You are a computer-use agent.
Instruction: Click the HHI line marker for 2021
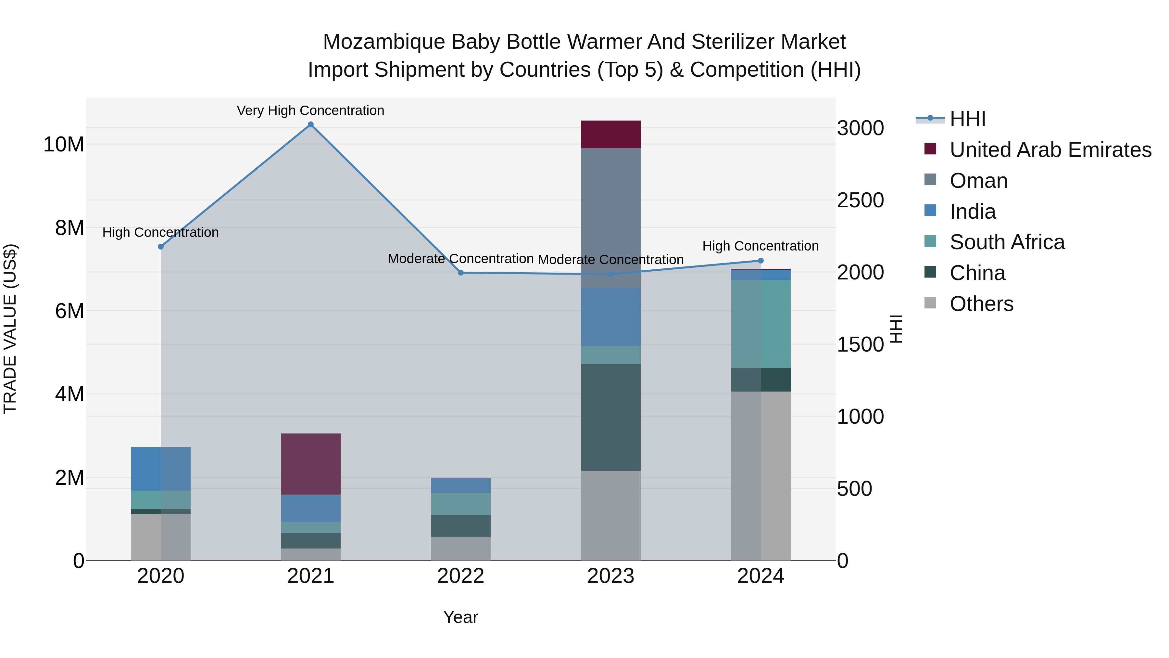pyautogui.click(x=311, y=124)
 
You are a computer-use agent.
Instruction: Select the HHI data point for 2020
pyautogui.click(x=161, y=247)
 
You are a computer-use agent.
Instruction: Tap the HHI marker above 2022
pyautogui.click(x=460, y=273)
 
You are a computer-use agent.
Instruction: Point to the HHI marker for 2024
pyautogui.click(x=761, y=261)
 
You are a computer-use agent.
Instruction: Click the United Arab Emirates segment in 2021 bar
pyautogui.click(x=311, y=464)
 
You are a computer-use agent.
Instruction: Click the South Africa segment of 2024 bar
pyautogui.click(x=761, y=324)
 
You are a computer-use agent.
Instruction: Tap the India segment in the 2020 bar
pyautogui.click(x=161, y=469)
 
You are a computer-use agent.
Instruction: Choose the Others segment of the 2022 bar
pyautogui.click(x=460, y=548)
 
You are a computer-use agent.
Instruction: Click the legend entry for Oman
pyautogui.click(x=978, y=181)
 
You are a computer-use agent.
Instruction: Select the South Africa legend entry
pyautogui.click(x=1007, y=242)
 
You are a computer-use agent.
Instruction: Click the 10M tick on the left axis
pyautogui.click(x=64, y=144)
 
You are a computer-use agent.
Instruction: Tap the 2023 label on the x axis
pyautogui.click(x=611, y=576)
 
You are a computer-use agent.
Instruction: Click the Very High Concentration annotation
pyautogui.click(x=311, y=110)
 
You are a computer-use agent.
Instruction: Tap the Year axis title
pyautogui.click(x=460, y=617)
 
